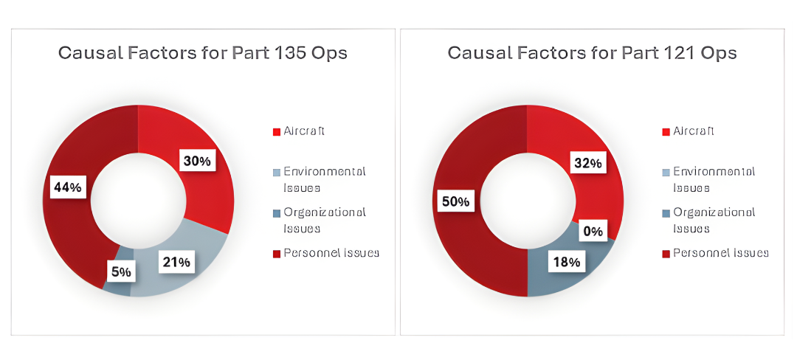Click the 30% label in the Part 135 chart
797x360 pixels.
coord(197,161)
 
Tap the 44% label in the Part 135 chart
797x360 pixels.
coord(67,187)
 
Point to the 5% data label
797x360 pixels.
coord(122,271)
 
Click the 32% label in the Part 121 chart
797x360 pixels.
coord(587,163)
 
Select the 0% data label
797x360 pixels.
coord(593,232)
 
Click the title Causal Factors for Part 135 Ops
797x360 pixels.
coord(203,53)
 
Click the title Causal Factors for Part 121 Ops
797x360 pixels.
coord(593,53)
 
